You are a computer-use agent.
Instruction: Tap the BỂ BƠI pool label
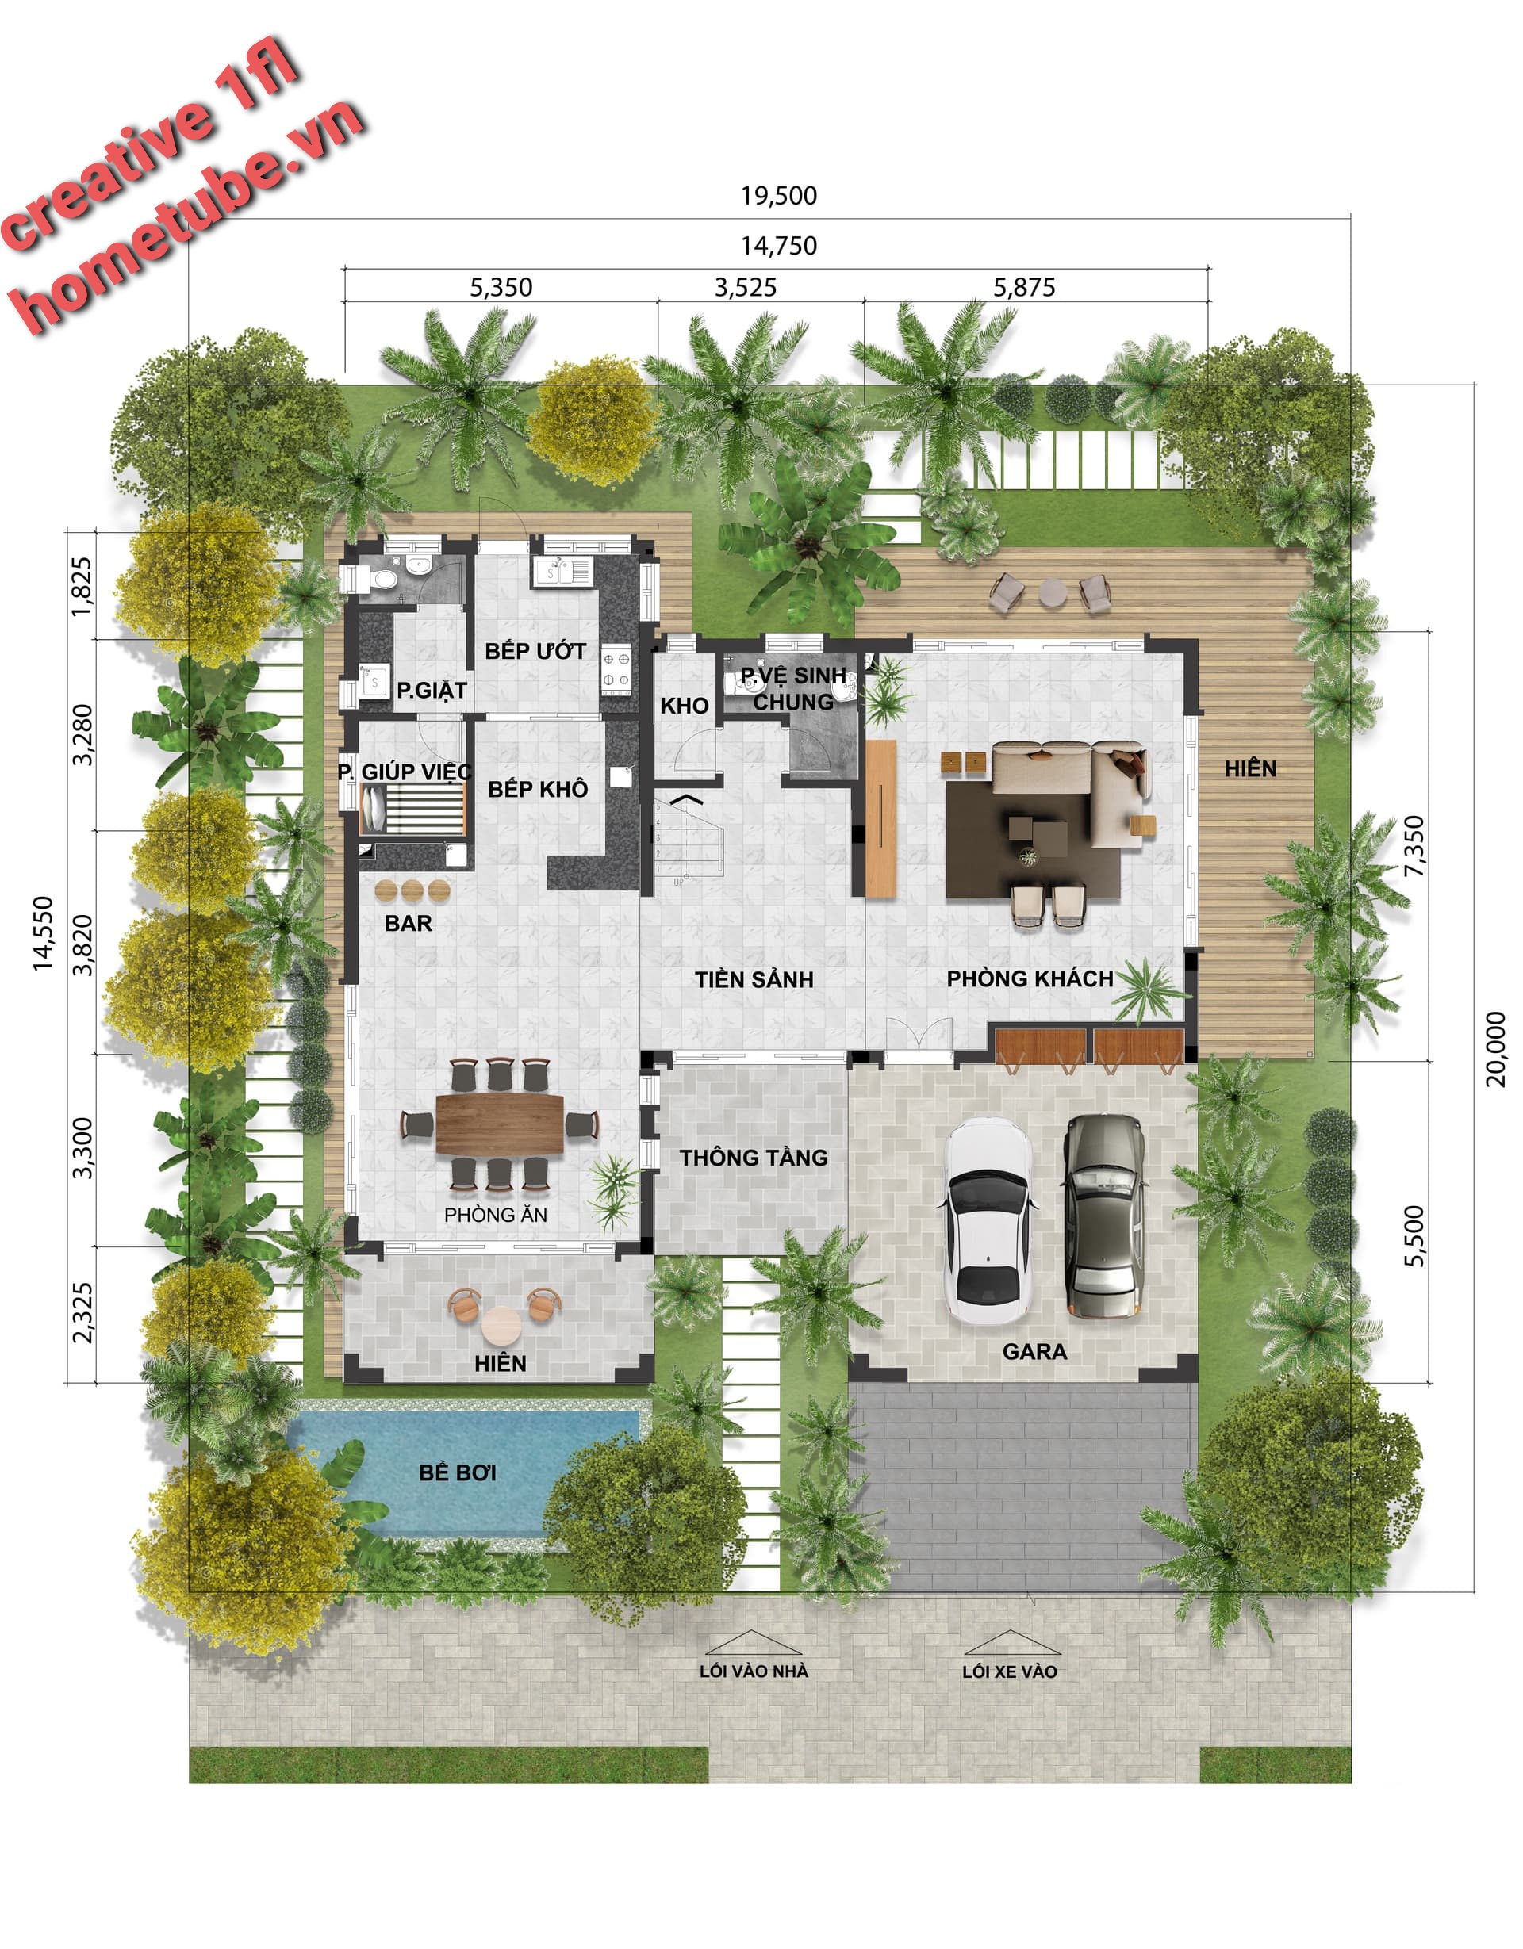[x=457, y=1473]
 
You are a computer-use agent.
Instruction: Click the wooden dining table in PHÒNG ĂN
[x=500, y=1124]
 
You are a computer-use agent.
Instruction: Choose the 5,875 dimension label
[x=1024, y=287]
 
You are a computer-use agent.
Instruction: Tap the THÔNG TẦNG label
[x=754, y=1158]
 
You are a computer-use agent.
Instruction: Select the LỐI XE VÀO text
[x=1009, y=1671]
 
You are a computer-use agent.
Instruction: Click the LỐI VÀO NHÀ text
[x=754, y=1671]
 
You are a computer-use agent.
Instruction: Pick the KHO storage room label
[x=685, y=706]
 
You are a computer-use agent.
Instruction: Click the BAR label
[x=408, y=923]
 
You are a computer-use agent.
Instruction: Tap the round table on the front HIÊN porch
[x=501, y=1325]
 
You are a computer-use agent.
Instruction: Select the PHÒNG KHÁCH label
[x=1030, y=978]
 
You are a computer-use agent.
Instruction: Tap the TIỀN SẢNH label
[x=754, y=979]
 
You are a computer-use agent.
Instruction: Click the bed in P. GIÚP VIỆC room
[x=412, y=808]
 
